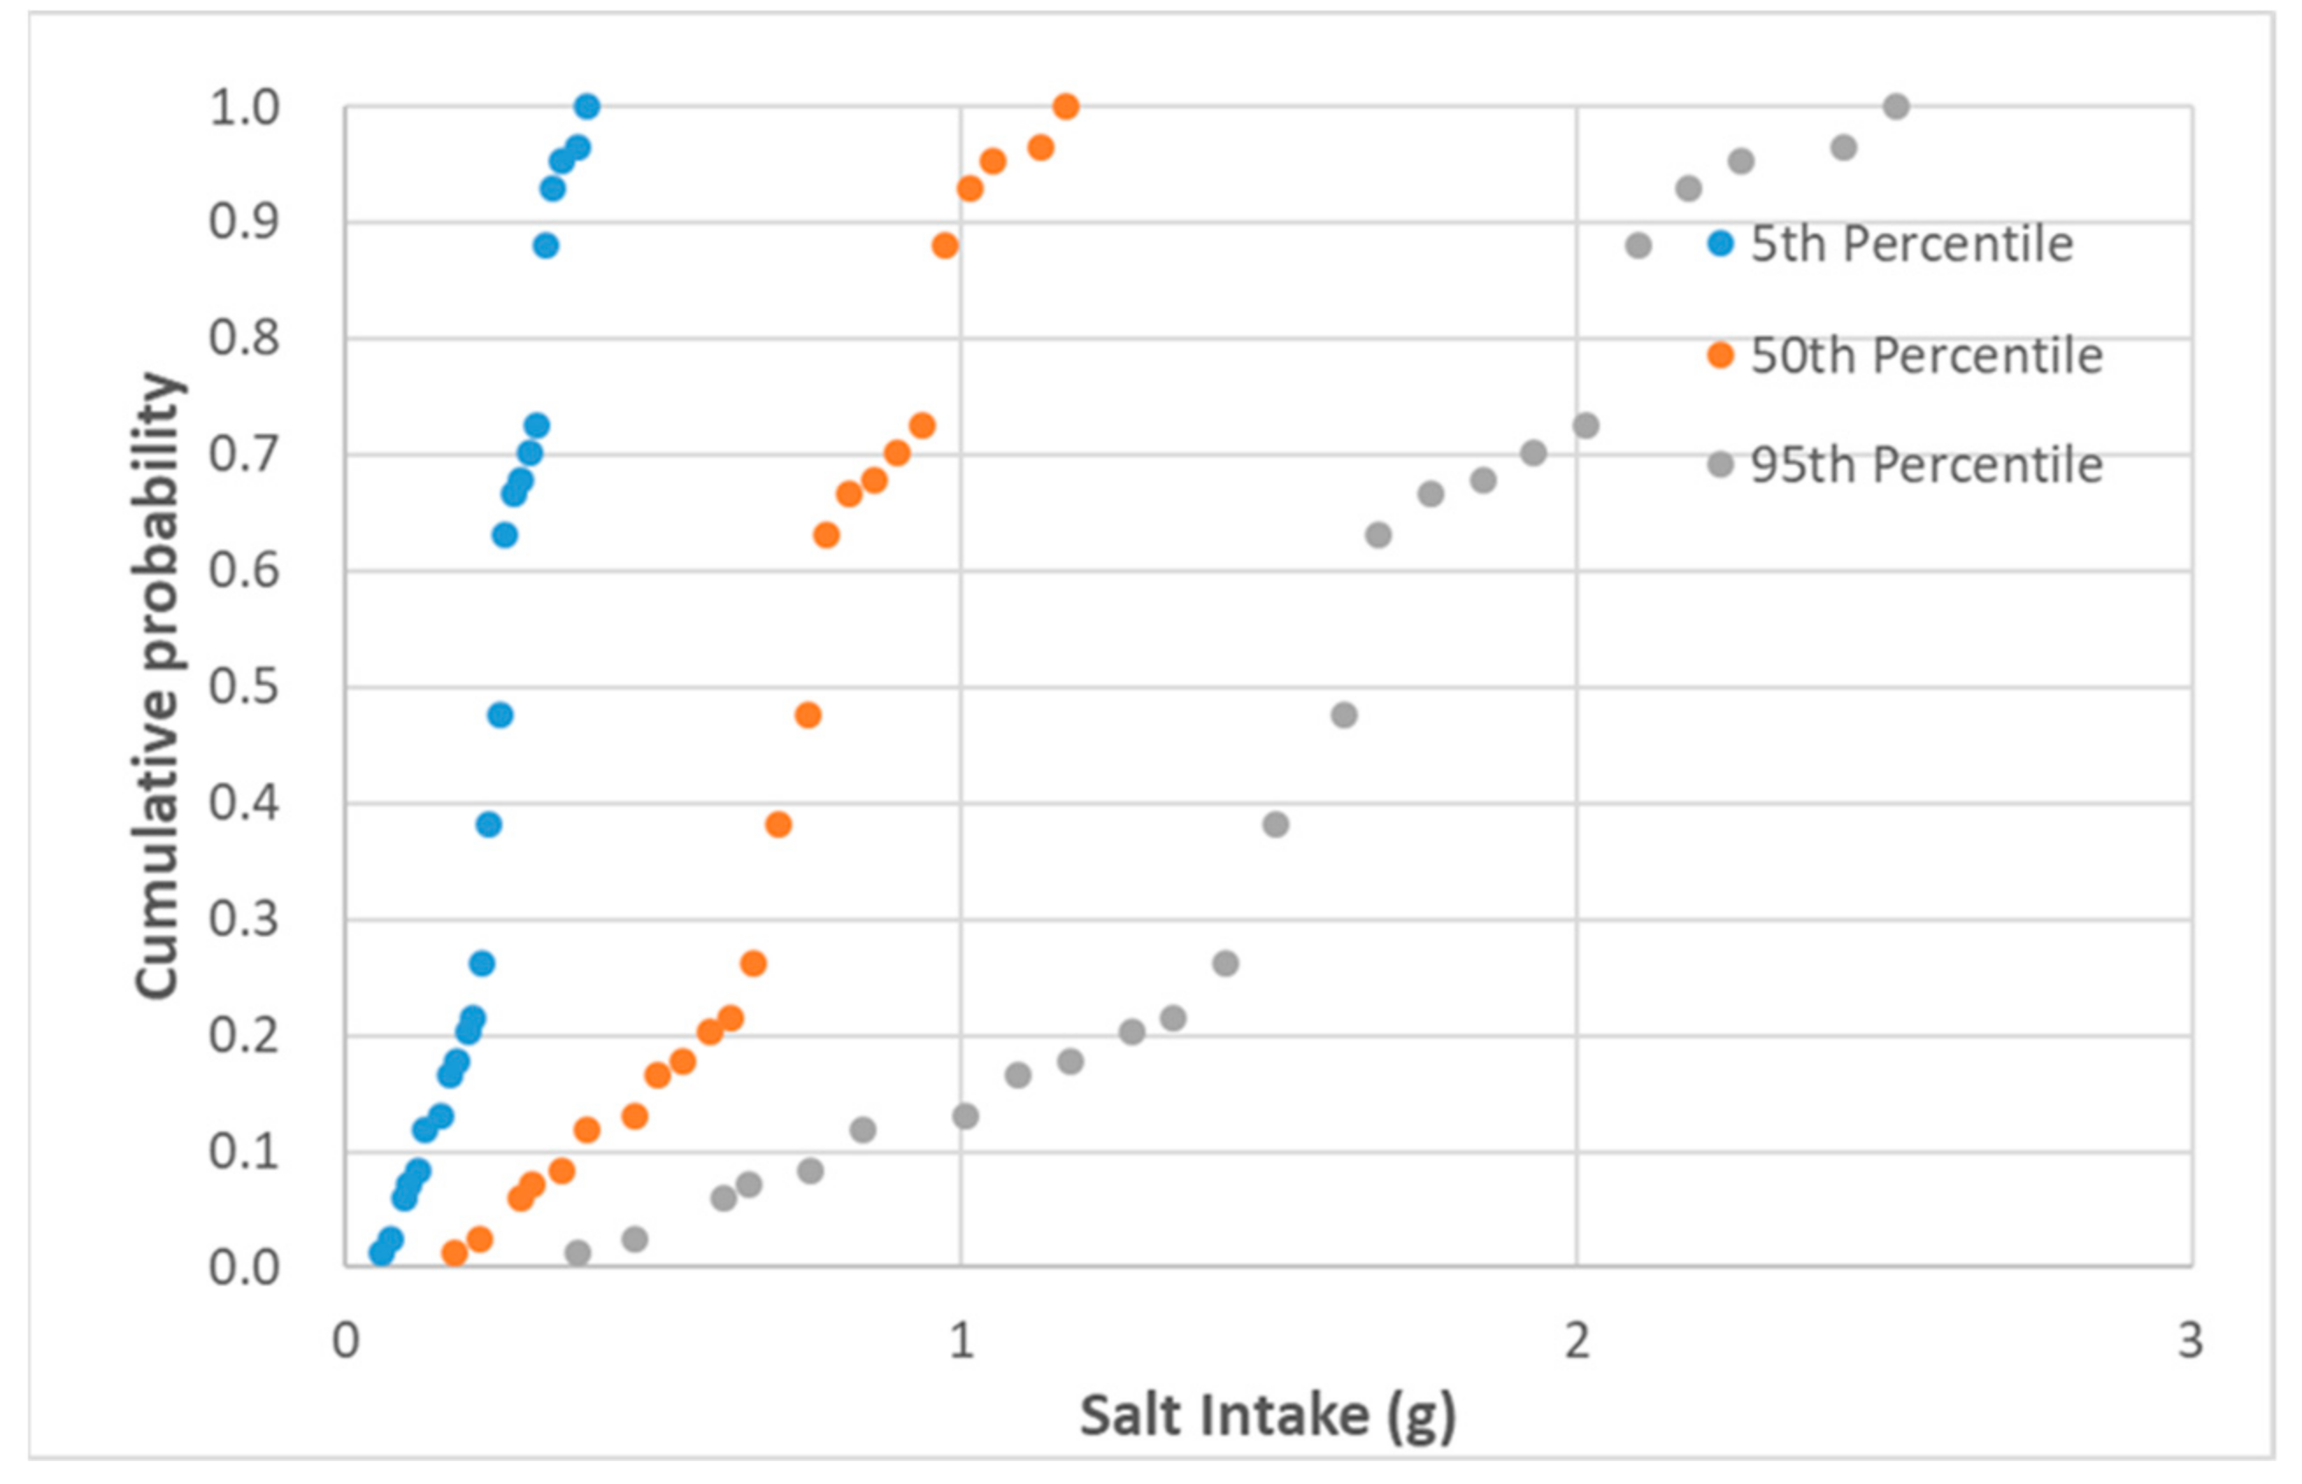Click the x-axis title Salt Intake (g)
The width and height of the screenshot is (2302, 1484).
[1267, 1416]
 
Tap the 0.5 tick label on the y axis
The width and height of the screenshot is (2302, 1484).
[245, 687]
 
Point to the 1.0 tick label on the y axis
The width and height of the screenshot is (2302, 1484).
[245, 108]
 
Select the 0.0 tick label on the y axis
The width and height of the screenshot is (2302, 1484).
[245, 1268]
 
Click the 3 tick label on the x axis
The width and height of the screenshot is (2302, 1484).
[2191, 1340]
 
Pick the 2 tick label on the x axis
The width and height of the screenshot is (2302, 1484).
[1576, 1340]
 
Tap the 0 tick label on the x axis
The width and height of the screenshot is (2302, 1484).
[345, 1340]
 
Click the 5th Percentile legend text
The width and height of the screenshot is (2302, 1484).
[1911, 244]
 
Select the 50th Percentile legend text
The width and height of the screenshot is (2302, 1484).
[1927, 355]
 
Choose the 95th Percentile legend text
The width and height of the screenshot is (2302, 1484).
[1927, 466]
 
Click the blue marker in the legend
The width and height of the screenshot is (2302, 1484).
[1720, 244]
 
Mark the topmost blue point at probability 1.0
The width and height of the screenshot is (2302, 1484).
[587, 106]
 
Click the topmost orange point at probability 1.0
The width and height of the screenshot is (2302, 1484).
[1066, 106]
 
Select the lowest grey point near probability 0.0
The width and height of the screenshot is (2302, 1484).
[578, 1252]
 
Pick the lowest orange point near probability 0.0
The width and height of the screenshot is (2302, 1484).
[454, 1252]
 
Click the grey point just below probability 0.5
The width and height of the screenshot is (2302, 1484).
[1344, 715]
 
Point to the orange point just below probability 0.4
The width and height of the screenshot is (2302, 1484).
[778, 824]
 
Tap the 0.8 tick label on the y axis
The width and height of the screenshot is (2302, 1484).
[245, 339]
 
